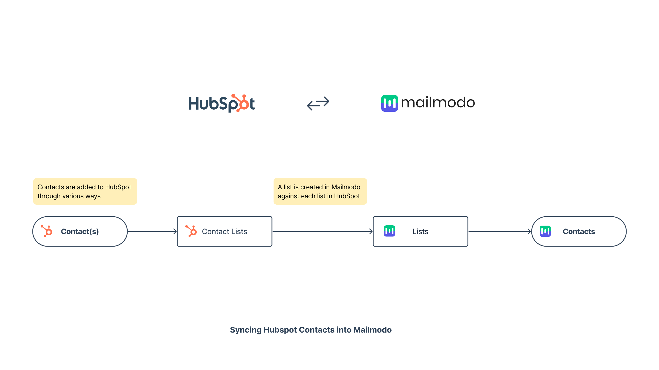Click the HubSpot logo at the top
222,103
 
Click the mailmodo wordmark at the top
438,103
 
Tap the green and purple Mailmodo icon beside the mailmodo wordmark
389,103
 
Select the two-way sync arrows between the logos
318,103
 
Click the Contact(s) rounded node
80,231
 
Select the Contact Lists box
225,231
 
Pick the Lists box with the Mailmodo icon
420,231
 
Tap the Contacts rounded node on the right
579,231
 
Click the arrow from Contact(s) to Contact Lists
152,231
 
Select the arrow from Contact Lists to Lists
322,231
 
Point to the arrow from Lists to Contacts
500,231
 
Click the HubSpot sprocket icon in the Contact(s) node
47,231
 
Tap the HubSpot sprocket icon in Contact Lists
191,231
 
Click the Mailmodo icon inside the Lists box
389,231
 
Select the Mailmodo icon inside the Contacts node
545,231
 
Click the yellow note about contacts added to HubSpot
85,191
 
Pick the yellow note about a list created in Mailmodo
320,191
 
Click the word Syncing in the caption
246,330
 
